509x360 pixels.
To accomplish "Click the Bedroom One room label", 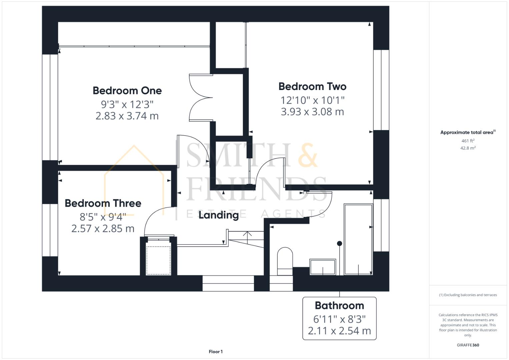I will pos(127,91).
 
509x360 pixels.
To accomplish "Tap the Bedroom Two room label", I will pos(312,87).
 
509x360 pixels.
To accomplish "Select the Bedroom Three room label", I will pos(103,203).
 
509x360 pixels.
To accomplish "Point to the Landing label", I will pos(219,215).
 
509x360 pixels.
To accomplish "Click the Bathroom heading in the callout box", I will pos(339,306).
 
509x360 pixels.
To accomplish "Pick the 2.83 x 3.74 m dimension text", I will pos(127,116).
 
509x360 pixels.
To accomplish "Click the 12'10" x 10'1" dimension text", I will pos(312,100).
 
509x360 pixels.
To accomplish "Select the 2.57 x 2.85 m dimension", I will pos(103,229).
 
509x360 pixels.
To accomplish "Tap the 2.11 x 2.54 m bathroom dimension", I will pos(339,331).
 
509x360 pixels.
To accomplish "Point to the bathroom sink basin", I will pos(323,267).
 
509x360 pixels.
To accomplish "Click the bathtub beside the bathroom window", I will pos(358,240).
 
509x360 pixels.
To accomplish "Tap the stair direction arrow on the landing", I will pos(247,234).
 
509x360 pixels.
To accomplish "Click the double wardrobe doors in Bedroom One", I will pos(200,97).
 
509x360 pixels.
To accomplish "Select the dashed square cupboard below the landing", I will pos(158,260).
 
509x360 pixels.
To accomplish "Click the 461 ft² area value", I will pos(468,141).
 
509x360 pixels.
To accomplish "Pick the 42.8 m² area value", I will pos(468,148).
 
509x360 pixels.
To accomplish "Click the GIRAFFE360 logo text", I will pos(468,345).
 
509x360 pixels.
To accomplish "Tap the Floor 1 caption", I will pos(216,352).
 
